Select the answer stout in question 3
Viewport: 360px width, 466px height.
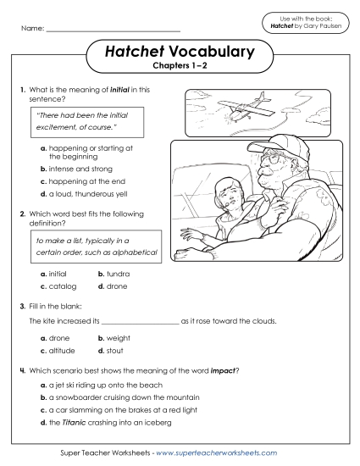click(x=110, y=349)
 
